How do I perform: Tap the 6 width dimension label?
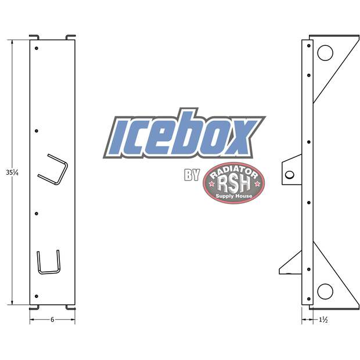click(x=52, y=320)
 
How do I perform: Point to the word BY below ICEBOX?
click(x=192, y=175)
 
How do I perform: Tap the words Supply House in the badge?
click(x=233, y=197)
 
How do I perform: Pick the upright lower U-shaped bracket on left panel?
click(x=48, y=262)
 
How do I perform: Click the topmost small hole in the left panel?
click(x=36, y=48)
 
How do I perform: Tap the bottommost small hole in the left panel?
click(x=36, y=296)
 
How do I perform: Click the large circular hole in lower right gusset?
click(x=325, y=290)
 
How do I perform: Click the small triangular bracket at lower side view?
click(x=290, y=267)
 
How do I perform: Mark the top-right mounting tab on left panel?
click(x=70, y=37)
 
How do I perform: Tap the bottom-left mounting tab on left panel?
click(x=34, y=307)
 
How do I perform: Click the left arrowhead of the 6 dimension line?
click(x=32, y=320)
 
